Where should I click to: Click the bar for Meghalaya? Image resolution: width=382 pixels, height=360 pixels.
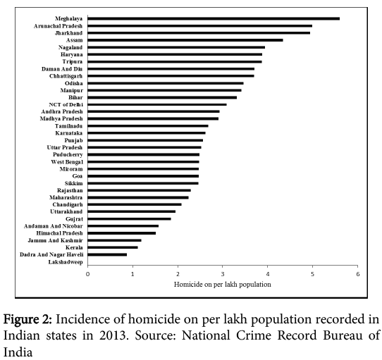coord(214,19)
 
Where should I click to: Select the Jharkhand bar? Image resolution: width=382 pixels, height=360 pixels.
coord(199,33)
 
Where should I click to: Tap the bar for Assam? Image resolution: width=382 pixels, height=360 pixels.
coord(185,40)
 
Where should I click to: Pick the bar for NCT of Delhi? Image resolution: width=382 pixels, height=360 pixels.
coord(157,104)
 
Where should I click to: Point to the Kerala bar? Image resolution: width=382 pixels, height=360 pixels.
coord(113,247)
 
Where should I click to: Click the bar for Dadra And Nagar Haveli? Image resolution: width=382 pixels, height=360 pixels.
coord(107,254)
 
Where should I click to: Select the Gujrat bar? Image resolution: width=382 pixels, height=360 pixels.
coord(130,218)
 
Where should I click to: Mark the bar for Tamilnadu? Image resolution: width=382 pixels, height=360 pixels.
coord(148,126)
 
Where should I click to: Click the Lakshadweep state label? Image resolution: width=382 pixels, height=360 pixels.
coord(66,262)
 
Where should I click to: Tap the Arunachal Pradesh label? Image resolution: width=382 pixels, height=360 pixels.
coord(58,26)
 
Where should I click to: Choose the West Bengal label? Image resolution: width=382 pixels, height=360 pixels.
coord(67,162)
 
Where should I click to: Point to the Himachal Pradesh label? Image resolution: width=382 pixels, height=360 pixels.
coord(59,233)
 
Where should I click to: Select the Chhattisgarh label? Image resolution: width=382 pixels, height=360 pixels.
coord(66,76)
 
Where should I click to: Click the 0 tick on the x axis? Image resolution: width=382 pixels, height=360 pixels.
coord(87,274)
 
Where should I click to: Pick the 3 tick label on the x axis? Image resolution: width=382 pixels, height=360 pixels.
coord(223,274)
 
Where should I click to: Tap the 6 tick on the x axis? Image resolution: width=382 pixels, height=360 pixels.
coord(357,274)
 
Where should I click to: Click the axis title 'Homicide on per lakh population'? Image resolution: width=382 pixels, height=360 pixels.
coord(223,285)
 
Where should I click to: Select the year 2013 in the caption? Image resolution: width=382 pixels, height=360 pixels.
coord(113,335)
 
